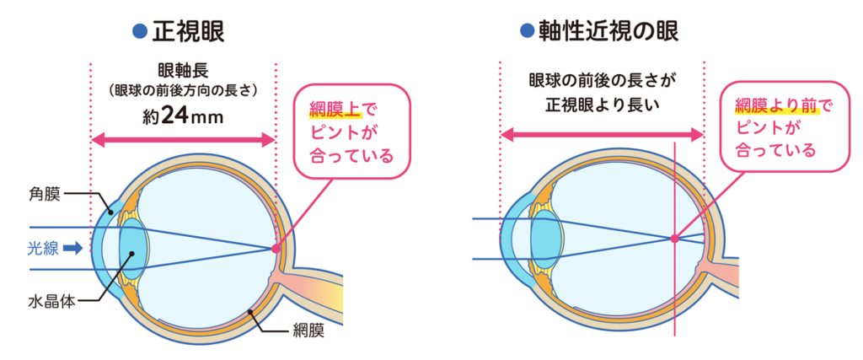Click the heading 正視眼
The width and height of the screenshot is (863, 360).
coord(188,32)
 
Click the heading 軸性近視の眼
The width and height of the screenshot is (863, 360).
coord(609,31)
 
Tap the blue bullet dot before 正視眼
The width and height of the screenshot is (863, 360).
coord(141,32)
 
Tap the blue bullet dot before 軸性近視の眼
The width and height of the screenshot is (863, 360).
coord(528,31)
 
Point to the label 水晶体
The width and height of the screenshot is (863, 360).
coord(51,302)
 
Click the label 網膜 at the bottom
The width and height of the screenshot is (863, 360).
coord(308,331)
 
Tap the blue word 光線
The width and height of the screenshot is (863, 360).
coord(43,249)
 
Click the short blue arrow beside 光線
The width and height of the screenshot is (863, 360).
coord(72,249)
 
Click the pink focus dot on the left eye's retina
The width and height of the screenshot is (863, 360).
coord(276,249)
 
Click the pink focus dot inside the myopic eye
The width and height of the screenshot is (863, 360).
coord(674,239)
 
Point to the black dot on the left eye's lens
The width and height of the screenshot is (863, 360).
coord(131,254)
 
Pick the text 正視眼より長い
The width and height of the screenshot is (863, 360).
coord(601,104)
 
